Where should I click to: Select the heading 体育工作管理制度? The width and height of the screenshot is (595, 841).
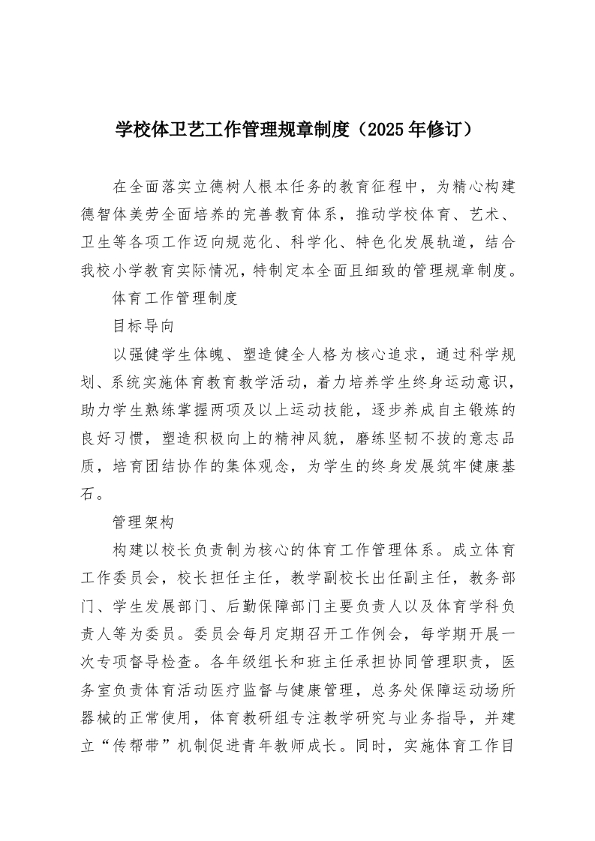click(x=175, y=298)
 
